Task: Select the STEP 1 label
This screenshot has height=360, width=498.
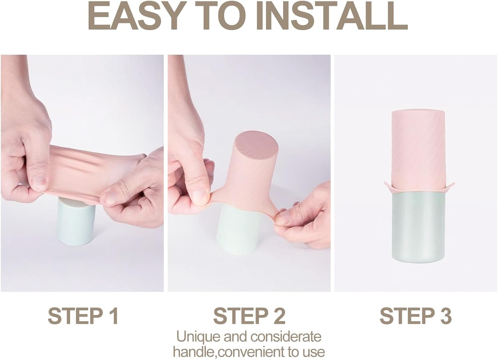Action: pos(83,316)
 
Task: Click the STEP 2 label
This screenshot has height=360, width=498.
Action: pos(249,316)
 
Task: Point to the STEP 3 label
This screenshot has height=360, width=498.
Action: pos(416,316)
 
